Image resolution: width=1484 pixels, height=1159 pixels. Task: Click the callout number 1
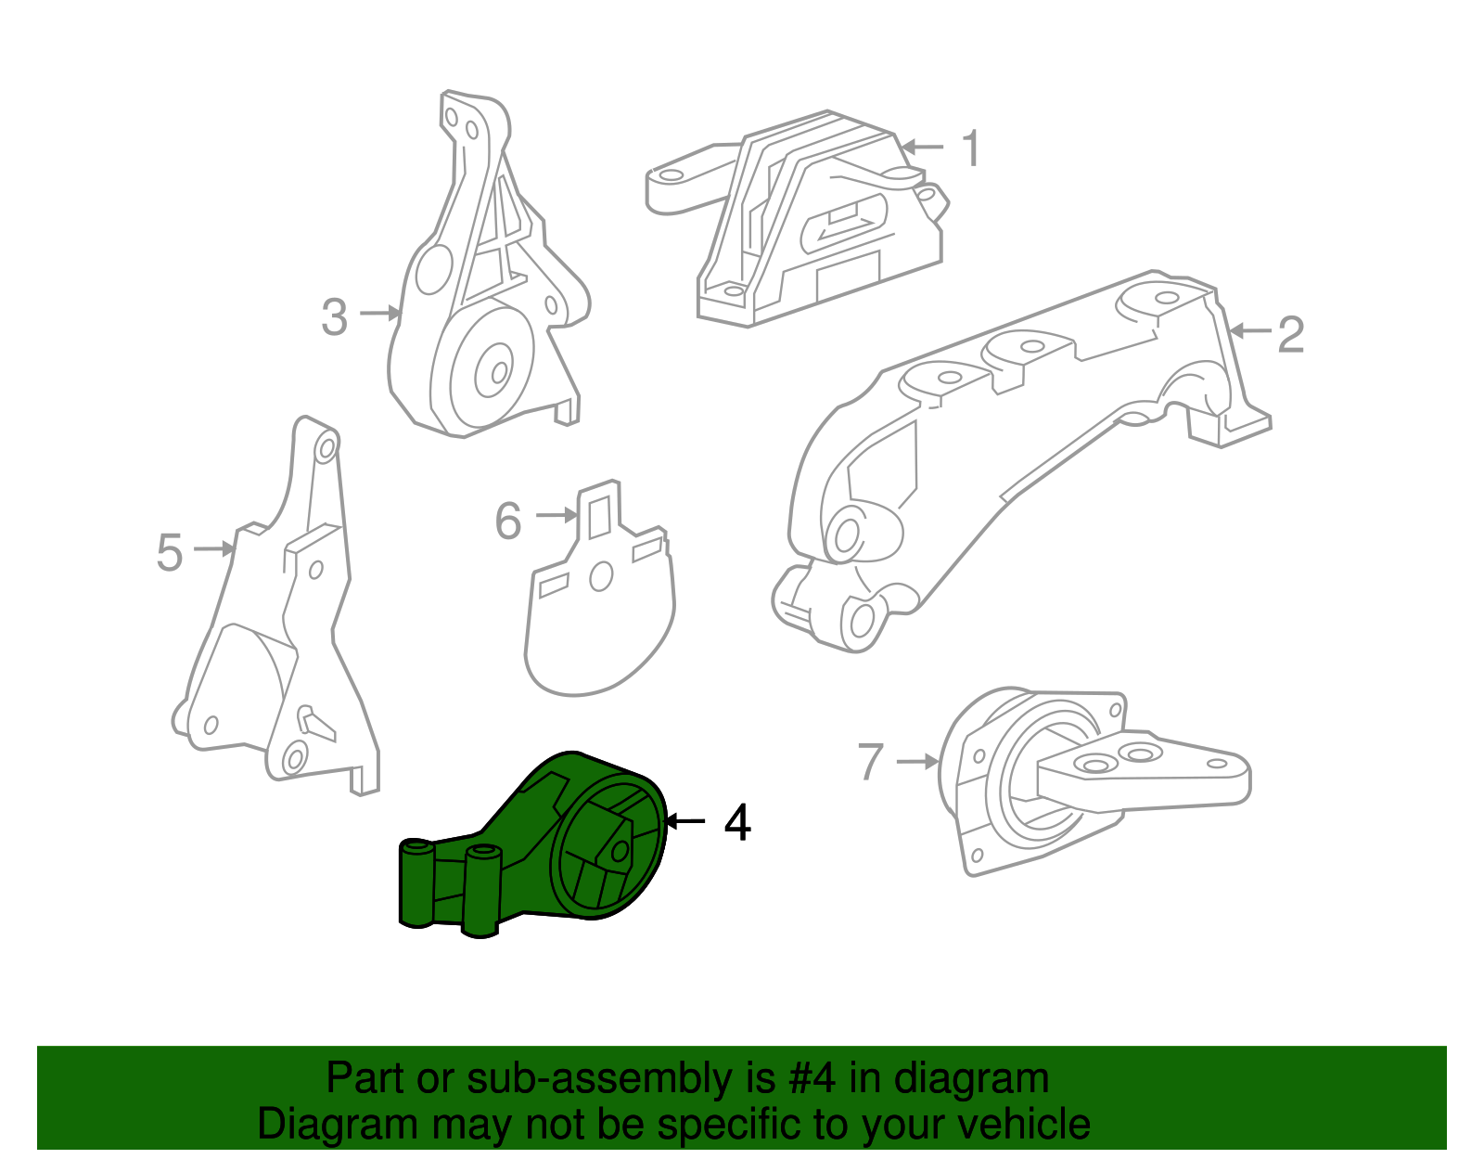971,148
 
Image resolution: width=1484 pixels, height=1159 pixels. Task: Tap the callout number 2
1290,334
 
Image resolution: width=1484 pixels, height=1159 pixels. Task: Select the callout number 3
335,317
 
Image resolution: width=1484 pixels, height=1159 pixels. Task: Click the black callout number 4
737,823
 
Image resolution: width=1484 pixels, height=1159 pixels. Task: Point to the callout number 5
170,553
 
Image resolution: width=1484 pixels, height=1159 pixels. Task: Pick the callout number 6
508,521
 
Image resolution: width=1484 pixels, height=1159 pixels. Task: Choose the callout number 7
871,762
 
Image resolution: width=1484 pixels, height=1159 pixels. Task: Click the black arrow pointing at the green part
685,821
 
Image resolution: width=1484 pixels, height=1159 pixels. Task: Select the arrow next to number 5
214,550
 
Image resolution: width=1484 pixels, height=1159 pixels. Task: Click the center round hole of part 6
601,577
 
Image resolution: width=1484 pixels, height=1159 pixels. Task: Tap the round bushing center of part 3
493,371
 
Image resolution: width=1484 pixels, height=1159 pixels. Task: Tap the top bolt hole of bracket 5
326,450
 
